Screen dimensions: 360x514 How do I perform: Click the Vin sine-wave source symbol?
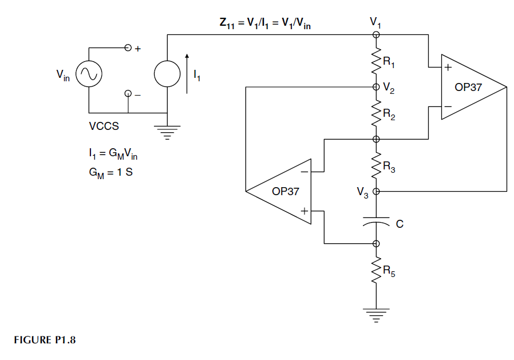(x=89, y=74)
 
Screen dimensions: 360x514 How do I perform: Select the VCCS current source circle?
(x=167, y=74)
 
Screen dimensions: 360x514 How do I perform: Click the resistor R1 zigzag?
(x=376, y=62)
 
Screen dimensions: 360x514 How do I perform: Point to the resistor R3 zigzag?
(x=376, y=165)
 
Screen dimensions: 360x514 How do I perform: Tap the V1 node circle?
(x=376, y=35)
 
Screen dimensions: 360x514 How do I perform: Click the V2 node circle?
(x=376, y=87)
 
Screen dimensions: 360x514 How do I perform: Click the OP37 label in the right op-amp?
(x=468, y=88)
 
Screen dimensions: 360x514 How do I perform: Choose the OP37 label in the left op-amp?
(x=285, y=191)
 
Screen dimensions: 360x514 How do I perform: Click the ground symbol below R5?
(x=376, y=315)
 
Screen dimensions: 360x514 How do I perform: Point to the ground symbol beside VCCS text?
(x=167, y=132)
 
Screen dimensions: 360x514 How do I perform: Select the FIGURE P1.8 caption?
(x=45, y=340)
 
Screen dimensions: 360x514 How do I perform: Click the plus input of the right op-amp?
(x=448, y=68)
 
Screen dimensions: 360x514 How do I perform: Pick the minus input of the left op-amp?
(x=305, y=171)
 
